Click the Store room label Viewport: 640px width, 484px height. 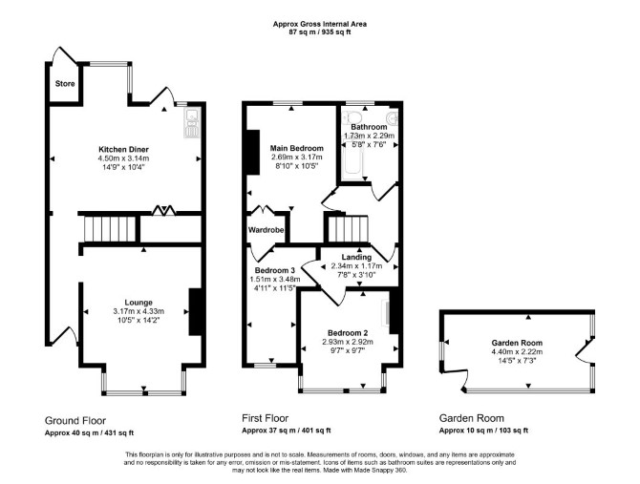[65, 84]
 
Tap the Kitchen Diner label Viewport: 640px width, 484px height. [123, 149]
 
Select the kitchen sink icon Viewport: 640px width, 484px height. [191, 123]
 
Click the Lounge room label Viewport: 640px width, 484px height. [139, 303]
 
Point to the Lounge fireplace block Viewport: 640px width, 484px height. [195, 312]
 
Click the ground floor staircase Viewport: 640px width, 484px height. [110, 229]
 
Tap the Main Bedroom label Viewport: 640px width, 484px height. [297, 148]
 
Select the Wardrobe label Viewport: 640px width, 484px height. [266, 230]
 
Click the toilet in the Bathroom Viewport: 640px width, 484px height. [351, 116]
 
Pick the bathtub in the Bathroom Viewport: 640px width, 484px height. [352, 159]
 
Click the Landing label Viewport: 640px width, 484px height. [356, 258]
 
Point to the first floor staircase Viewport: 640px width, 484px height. [348, 229]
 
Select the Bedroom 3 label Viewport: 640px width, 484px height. [275, 271]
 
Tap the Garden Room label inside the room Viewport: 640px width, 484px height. [517, 343]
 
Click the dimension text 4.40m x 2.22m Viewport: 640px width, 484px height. [517, 351]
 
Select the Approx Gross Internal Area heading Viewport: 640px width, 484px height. [320, 24]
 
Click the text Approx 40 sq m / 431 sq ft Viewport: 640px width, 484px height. [89, 433]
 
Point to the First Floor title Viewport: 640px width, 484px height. [265, 418]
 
